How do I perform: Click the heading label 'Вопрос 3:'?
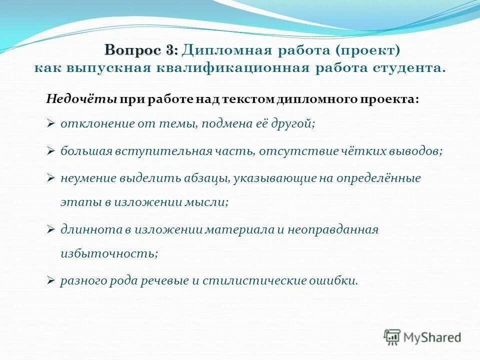click(x=141, y=50)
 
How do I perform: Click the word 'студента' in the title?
click(x=410, y=68)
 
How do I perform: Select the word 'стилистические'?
click(x=251, y=280)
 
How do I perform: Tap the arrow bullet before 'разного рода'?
click(x=50, y=281)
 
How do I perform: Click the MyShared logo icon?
click(x=392, y=337)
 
